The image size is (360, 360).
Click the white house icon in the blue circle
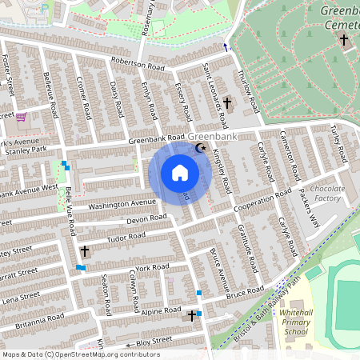point(179,173)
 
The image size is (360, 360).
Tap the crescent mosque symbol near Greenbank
point(201,148)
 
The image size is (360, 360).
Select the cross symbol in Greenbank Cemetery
point(344,39)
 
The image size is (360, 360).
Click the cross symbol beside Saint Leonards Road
point(226,103)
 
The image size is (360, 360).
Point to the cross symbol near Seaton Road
point(84,251)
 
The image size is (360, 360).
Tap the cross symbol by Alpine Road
point(192,316)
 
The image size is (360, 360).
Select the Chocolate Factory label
point(326,194)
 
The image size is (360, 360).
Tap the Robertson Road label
point(138,63)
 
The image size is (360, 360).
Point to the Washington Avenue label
point(122,205)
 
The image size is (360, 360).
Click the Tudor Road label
point(123,238)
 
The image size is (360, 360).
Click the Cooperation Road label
point(262,202)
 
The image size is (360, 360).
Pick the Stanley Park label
point(23,149)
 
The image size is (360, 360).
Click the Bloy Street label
point(154,342)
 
